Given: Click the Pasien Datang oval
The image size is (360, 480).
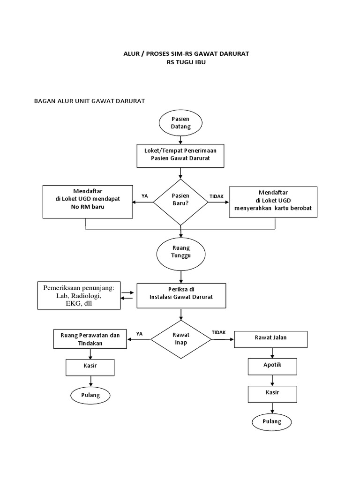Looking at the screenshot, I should tap(180, 123).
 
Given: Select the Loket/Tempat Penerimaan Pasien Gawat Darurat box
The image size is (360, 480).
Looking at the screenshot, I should tap(180, 155).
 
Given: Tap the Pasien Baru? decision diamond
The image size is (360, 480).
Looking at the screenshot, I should tap(180, 202).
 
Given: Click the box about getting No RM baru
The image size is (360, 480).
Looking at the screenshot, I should tap(87, 202).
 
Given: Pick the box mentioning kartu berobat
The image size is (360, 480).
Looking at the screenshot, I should tap(273, 202).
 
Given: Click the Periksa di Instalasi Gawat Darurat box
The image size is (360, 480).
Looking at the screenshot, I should tap(180, 295).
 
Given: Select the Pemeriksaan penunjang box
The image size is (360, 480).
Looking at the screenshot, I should tap(79, 295).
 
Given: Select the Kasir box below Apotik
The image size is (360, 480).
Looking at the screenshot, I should tap(272, 394).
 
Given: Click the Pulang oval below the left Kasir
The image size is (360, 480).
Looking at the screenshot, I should tap(91, 395).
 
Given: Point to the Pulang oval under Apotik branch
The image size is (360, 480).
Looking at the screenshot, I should tap(272, 421).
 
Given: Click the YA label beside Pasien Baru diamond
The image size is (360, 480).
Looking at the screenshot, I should tap(144, 196).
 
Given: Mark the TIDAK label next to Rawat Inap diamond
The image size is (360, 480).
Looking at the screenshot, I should tap(218, 332).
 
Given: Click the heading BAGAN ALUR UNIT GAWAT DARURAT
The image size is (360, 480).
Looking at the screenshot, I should tap(90, 101).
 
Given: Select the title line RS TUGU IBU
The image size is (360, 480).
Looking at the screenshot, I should tap(186, 63).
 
